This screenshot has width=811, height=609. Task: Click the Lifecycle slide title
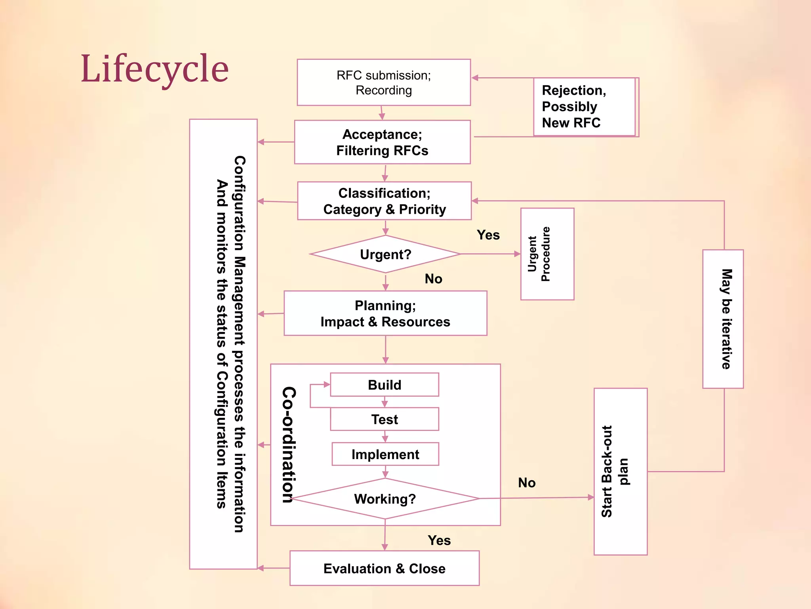[x=154, y=69]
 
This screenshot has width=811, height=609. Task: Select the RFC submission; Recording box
[x=383, y=82]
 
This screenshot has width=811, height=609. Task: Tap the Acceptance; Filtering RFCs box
[x=382, y=142]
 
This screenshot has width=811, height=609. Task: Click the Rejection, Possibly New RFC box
[x=584, y=107]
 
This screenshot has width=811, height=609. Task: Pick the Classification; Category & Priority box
[x=384, y=201]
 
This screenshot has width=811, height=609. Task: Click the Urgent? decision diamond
[x=385, y=254]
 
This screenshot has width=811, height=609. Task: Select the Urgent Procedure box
[x=547, y=254]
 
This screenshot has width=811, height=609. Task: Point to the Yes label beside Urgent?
[x=488, y=235]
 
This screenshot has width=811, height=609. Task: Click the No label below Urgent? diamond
[x=433, y=279]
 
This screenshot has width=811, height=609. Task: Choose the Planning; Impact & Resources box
[x=385, y=314]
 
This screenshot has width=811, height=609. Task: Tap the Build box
[x=385, y=385]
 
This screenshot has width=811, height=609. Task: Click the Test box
[x=385, y=419]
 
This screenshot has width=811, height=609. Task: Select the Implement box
[x=385, y=454]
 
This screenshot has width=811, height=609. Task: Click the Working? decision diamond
[x=385, y=499]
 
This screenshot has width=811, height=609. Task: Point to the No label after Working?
[x=527, y=483]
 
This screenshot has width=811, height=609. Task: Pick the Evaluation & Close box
[x=384, y=568]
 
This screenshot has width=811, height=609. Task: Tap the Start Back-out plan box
[x=620, y=471]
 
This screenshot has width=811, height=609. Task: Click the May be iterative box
[x=723, y=319]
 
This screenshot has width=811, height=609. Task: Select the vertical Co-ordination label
[x=289, y=444]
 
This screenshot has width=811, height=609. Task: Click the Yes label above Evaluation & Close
[x=439, y=540]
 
